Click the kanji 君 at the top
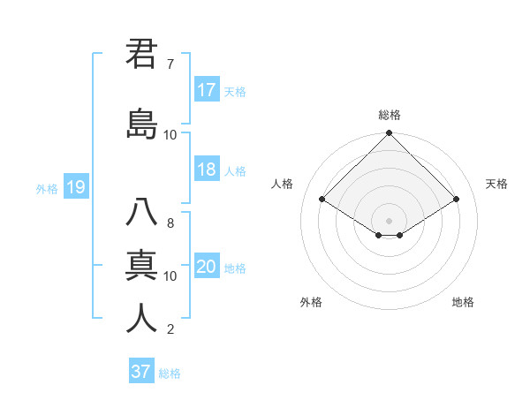click(142, 55)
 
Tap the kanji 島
click(142, 124)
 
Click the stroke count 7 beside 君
click(170, 64)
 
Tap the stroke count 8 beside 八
click(170, 223)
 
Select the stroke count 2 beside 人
click(170, 330)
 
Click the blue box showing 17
click(207, 90)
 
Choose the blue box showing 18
click(207, 170)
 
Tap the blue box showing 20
click(207, 268)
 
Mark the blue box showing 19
click(75, 187)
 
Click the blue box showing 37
click(141, 372)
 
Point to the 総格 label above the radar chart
click(390, 115)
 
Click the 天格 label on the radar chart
click(496, 184)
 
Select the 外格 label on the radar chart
click(311, 302)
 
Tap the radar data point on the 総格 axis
click(389, 133)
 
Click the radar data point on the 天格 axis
click(457, 200)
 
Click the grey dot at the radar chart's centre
click(389, 219)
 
